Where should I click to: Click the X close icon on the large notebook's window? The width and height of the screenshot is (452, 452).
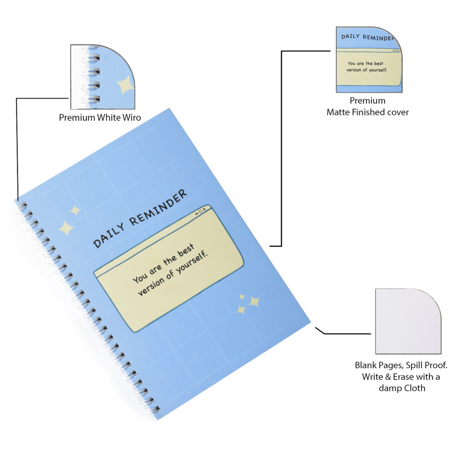click(x=204, y=209)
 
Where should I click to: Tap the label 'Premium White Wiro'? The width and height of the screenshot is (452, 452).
click(x=100, y=118)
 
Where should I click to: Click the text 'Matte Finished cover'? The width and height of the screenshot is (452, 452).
click(x=368, y=112)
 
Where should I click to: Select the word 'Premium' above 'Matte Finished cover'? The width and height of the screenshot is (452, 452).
click(x=368, y=101)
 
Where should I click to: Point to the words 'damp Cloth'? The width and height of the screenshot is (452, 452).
click(x=402, y=388)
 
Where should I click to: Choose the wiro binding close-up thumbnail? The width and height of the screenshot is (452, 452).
click(x=103, y=77)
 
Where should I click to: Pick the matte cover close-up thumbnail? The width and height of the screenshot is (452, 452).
click(x=369, y=60)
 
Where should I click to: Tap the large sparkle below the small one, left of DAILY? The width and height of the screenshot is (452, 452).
click(x=66, y=228)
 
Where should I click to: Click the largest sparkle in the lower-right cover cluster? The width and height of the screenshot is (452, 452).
click(x=254, y=302)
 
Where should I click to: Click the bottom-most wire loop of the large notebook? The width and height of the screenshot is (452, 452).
click(x=155, y=409)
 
